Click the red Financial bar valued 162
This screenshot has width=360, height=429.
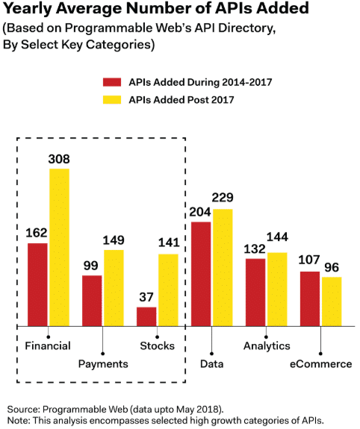click(x=37, y=285)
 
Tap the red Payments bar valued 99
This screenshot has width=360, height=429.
click(x=92, y=301)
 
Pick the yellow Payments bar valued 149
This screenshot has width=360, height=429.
click(x=114, y=288)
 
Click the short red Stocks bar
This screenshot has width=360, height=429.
click(x=146, y=316)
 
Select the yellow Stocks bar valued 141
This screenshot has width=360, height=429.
click(x=168, y=290)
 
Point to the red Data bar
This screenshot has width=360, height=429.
click(x=201, y=274)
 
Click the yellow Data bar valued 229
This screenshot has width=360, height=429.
click(x=223, y=267)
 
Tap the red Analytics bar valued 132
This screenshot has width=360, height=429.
click(x=255, y=292)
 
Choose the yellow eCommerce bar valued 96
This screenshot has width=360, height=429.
click(x=332, y=301)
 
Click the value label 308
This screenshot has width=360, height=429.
click(x=59, y=158)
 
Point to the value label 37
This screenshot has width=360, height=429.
click(x=146, y=297)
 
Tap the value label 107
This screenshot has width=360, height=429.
click(x=310, y=261)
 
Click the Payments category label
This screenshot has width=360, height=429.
click(x=103, y=363)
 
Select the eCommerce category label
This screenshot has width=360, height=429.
click(x=320, y=364)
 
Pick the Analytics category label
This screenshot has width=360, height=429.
click(x=267, y=346)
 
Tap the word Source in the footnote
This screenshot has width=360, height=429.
click(x=23, y=410)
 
